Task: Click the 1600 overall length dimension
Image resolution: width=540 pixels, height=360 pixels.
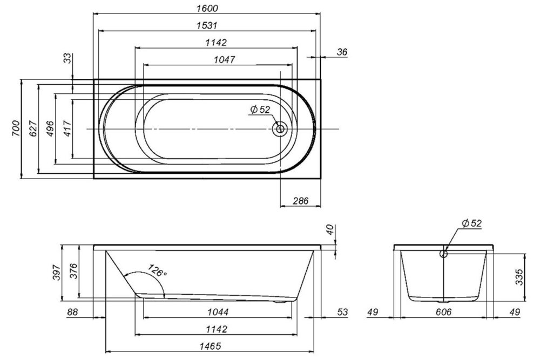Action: pyautogui.click(x=207, y=8)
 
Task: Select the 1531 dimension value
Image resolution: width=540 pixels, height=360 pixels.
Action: pyautogui.click(x=207, y=25)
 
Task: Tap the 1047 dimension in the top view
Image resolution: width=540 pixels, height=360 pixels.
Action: pyautogui.click(x=224, y=59)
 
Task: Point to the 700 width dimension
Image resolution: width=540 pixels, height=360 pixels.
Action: pyautogui.click(x=16, y=128)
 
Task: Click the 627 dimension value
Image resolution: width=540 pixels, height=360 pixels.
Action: pyautogui.click(x=33, y=128)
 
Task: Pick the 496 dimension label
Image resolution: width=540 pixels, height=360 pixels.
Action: pyautogui.click(x=50, y=128)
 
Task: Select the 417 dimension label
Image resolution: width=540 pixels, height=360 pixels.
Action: pyautogui.click(x=67, y=128)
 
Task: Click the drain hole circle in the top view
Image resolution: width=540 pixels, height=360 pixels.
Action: pyautogui.click(x=280, y=129)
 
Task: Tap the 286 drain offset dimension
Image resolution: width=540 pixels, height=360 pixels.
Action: pyautogui.click(x=301, y=200)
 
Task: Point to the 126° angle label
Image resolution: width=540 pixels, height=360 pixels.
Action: pyautogui.click(x=157, y=270)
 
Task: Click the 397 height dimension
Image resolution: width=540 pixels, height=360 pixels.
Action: pyautogui.click(x=57, y=272)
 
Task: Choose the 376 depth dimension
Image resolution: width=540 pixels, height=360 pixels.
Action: pyautogui.click(x=75, y=271)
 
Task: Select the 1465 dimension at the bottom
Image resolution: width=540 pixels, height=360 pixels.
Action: pyautogui.click(x=210, y=346)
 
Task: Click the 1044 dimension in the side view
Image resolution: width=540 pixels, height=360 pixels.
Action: pyautogui.click(x=218, y=312)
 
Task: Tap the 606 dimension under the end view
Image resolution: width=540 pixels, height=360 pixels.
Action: pyautogui.click(x=443, y=312)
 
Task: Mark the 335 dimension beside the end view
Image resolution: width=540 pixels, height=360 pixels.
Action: pyautogui.click(x=519, y=277)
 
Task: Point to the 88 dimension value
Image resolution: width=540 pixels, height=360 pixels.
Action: pyautogui.click(x=73, y=312)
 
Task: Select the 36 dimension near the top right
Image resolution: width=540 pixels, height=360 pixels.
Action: pyautogui.click(x=342, y=52)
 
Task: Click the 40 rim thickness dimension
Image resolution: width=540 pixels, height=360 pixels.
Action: pyautogui.click(x=330, y=229)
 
